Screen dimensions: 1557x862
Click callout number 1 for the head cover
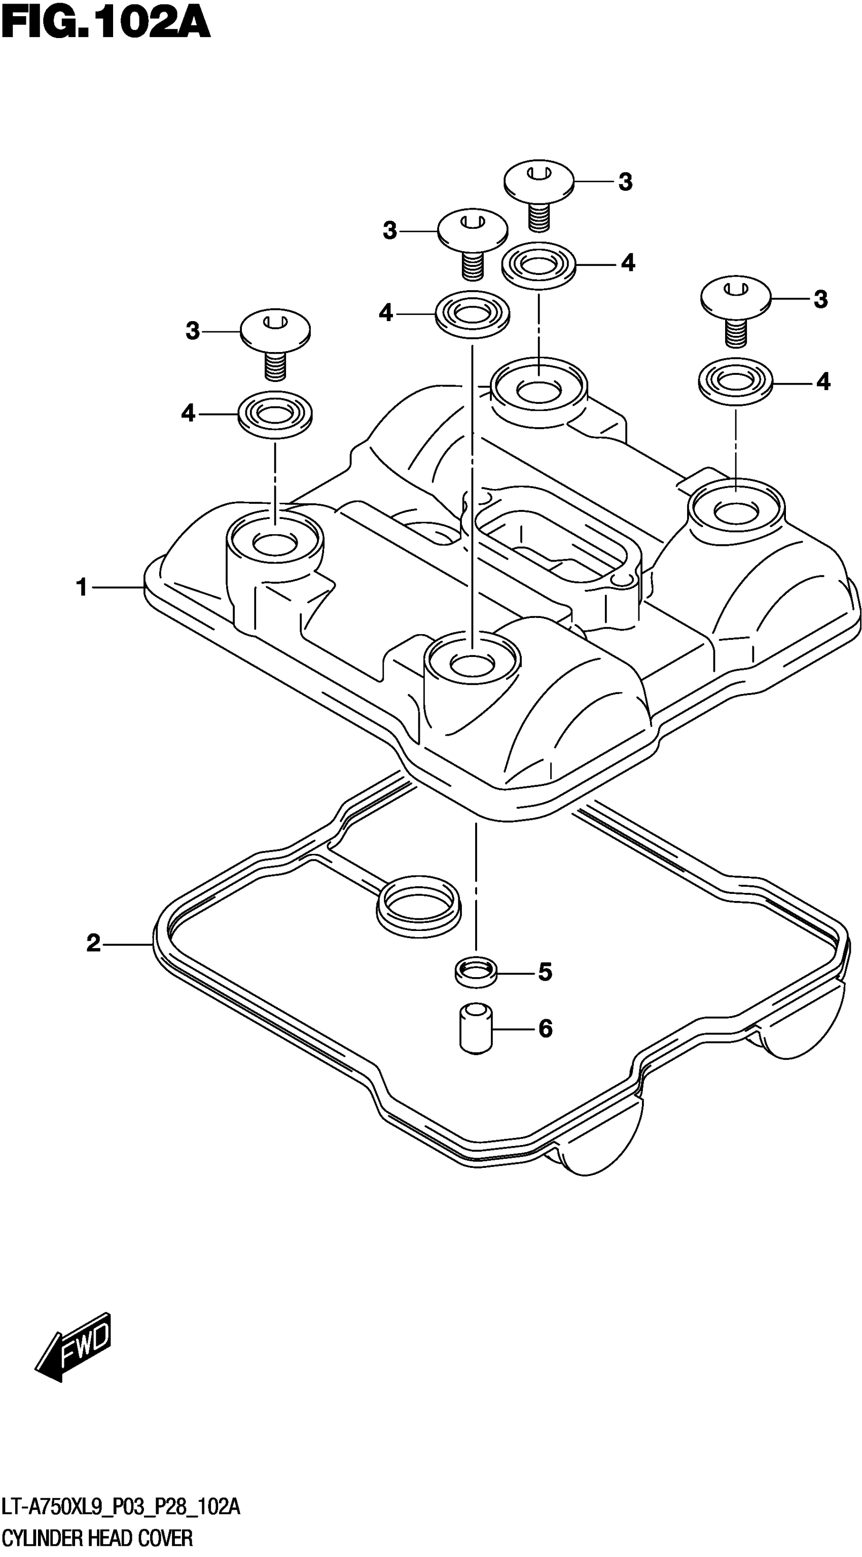click(82, 587)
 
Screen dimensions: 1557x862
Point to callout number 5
click(545, 972)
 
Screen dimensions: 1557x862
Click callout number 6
click(545, 1028)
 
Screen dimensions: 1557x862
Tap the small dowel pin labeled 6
click(476, 1029)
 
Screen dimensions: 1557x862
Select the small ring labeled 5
click(476, 972)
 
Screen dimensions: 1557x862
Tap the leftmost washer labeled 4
click(275, 414)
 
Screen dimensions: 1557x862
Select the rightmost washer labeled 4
click(735, 382)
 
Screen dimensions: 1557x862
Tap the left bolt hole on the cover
click(275, 543)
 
